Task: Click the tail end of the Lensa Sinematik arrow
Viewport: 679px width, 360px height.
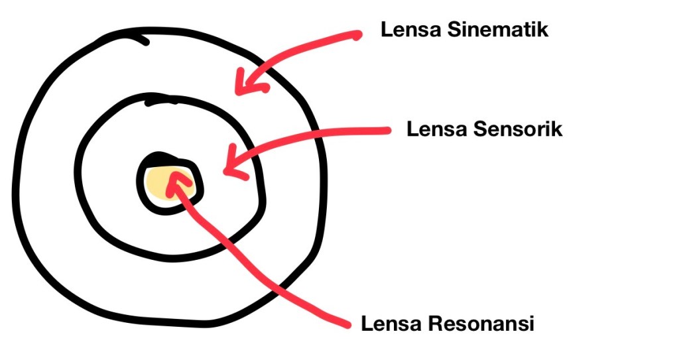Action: coord(359,34)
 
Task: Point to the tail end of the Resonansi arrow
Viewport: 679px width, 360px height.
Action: coord(346,324)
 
